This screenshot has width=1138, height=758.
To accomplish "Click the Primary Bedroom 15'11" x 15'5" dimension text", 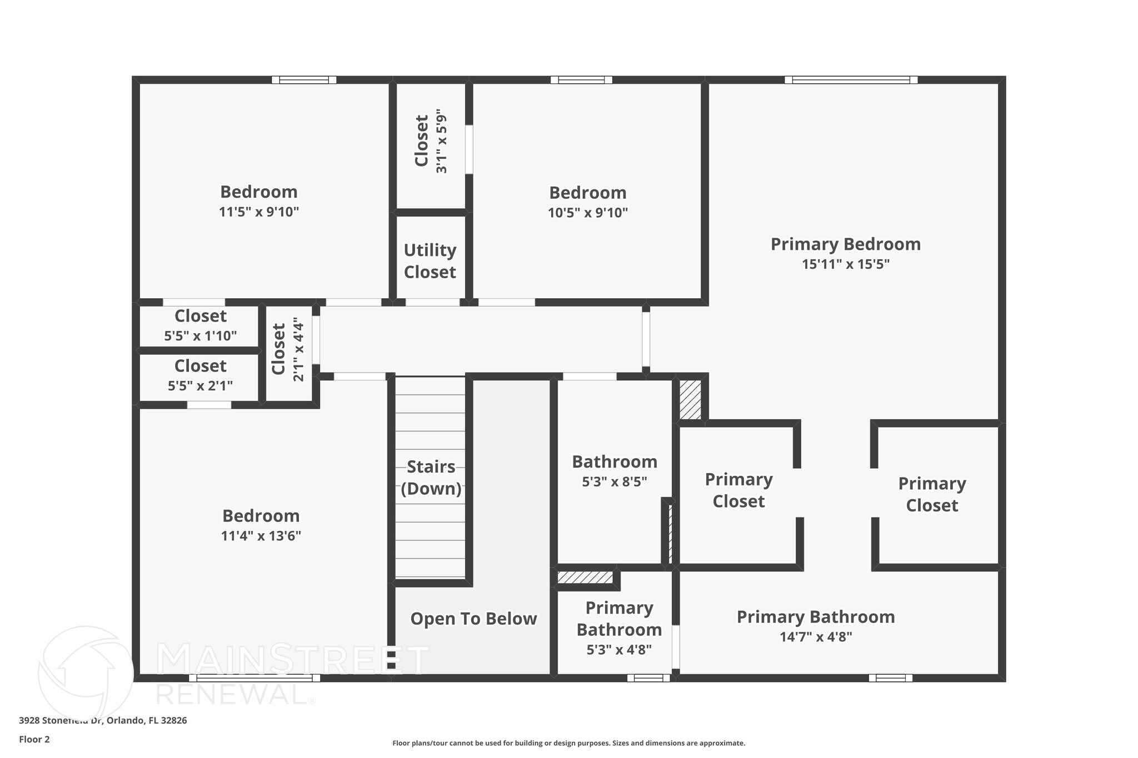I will (845, 264).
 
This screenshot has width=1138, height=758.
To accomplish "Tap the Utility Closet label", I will (430, 261).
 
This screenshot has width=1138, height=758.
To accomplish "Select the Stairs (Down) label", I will (431, 478).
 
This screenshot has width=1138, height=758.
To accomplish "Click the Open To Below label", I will (473, 619).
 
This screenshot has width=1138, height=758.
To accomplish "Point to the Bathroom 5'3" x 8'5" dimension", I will (614, 481).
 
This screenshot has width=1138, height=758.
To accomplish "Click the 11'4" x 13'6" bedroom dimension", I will (261, 536).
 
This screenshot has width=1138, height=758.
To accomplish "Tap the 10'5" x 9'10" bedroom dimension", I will (587, 213).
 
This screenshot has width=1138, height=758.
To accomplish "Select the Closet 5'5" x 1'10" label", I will (200, 325).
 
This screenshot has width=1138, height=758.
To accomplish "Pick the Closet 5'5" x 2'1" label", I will (200, 375).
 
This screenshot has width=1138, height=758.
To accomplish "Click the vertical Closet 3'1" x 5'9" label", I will (430, 141).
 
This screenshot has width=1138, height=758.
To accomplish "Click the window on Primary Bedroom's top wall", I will (851, 80).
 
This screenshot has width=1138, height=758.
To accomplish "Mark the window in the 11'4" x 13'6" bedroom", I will (254, 677).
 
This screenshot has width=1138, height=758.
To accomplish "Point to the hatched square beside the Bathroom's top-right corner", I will (690, 399).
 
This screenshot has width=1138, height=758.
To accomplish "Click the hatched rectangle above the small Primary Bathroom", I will (585, 578).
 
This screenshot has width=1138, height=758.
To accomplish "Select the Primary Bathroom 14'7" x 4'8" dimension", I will (815, 637).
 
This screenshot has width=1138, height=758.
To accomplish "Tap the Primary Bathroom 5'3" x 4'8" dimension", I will (618, 649).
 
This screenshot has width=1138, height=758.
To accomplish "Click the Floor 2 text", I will (34, 739).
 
